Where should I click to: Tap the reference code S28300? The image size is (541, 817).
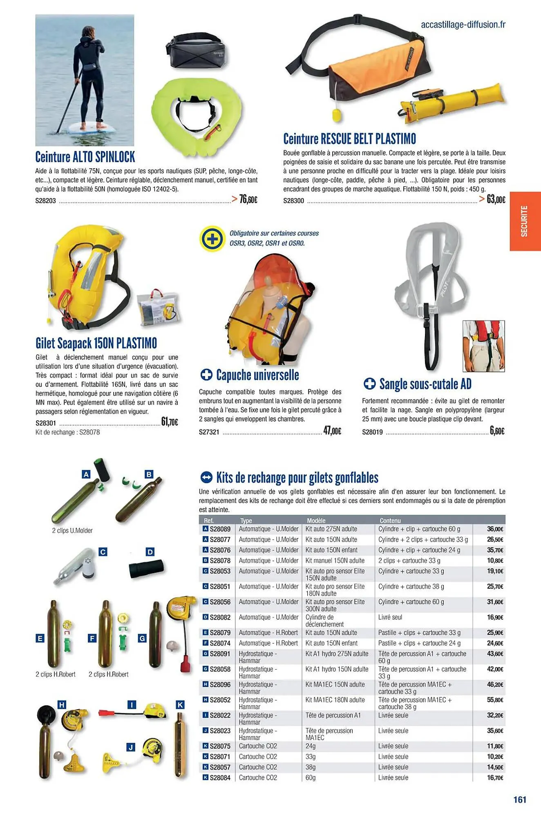click(293, 201)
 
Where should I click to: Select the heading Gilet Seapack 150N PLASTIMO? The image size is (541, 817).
click(96, 343)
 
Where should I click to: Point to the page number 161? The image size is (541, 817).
click(520, 799)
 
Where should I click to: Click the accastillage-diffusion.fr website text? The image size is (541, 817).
click(463, 25)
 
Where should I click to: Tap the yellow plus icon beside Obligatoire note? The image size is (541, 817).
click(212, 238)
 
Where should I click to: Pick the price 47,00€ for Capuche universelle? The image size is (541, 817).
click(332, 431)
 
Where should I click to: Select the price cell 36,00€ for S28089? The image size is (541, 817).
click(495, 529)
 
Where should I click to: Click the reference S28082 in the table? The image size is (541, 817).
click(220, 617)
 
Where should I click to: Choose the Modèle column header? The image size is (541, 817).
click(316, 520)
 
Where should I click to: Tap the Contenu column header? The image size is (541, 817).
click(390, 520)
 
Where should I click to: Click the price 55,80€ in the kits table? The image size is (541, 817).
click(495, 700)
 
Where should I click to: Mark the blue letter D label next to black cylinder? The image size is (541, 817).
click(150, 552)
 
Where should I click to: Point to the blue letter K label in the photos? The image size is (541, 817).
click(180, 704)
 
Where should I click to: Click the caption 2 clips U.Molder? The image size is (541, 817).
click(72, 530)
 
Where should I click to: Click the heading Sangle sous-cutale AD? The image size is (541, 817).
click(425, 384)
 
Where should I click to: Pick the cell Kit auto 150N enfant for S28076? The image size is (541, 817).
click(331, 550)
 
